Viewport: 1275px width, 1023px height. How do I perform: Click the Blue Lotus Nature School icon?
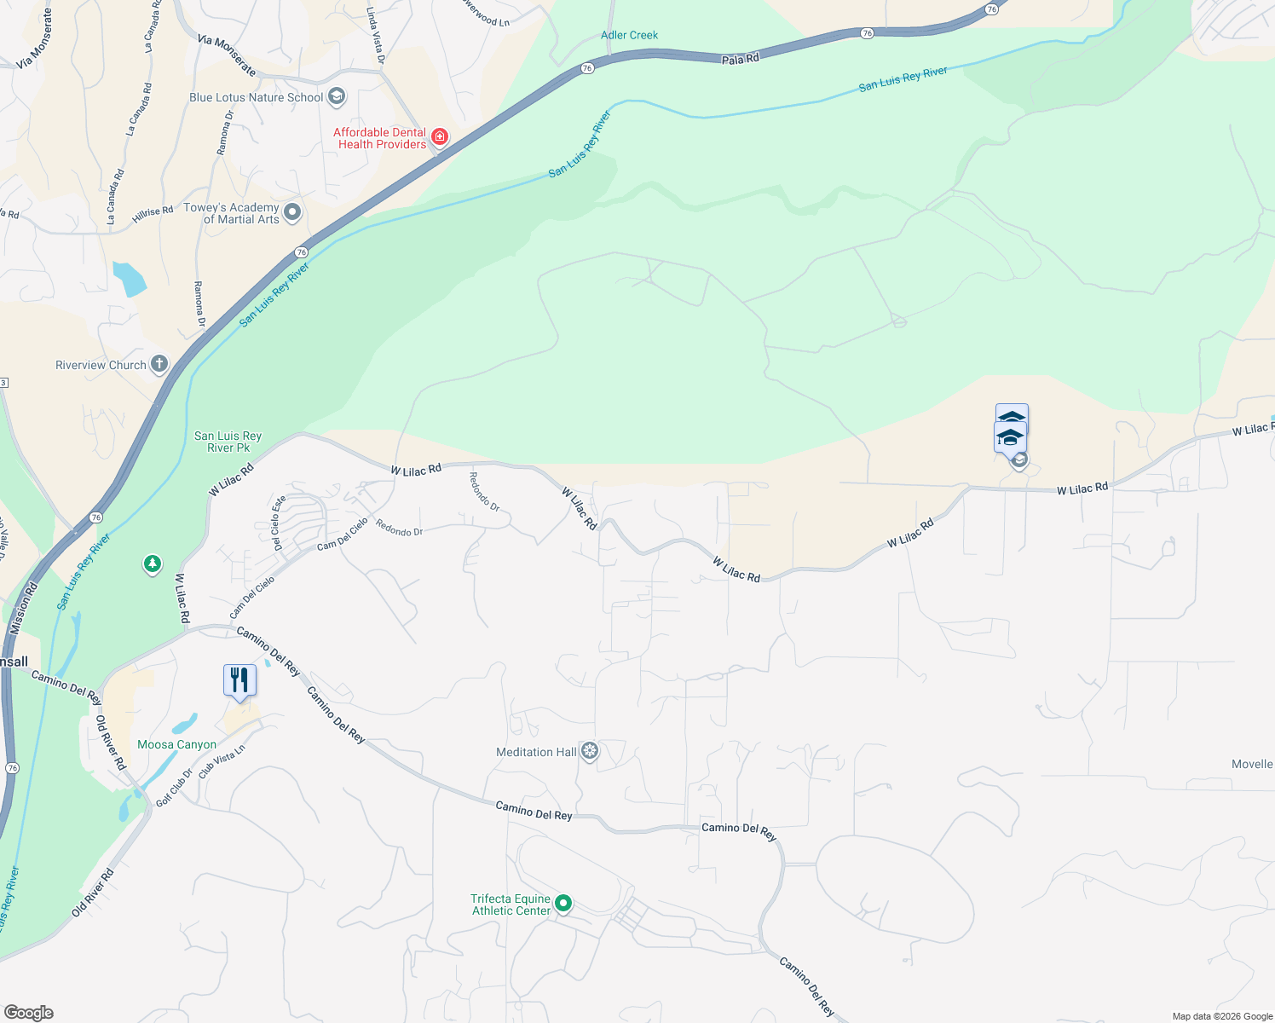click(x=337, y=96)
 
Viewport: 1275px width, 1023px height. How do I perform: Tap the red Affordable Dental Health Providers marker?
click(x=439, y=136)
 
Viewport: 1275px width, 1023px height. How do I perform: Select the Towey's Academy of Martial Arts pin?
click(x=292, y=212)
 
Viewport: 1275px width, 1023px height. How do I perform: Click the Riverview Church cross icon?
click(x=159, y=364)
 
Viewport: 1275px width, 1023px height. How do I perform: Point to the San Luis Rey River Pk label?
click(x=228, y=442)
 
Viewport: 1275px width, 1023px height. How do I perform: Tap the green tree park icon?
click(x=153, y=564)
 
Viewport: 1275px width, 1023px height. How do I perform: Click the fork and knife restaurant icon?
click(x=239, y=680)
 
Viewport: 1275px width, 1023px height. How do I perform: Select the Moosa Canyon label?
click(x=176, y=744)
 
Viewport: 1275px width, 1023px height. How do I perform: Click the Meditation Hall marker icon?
click(x=589, y=751)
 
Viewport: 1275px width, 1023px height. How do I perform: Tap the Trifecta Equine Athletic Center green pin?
click(x=562, y=903)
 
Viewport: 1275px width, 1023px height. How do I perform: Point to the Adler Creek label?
click(x=629, y=35)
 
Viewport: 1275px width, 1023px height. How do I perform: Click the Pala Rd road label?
click(x=740, y=59)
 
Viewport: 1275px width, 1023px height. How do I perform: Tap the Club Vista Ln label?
click(x=222, y=761)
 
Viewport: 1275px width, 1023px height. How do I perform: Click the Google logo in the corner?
click(x=28, y=1013)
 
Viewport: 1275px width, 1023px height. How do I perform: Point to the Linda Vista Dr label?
click(x=375, y=36)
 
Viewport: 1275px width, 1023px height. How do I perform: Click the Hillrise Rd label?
click(x=153, y=214)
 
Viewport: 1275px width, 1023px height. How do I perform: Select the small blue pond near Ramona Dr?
click(x=130, y=279)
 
